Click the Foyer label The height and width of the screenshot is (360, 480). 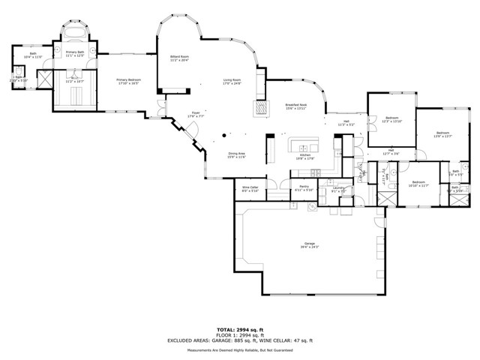pyautogui.click(x=196, y=115)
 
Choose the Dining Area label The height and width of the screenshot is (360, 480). pyautogui.click(x=236, y=155)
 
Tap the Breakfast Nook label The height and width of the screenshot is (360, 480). pyautogui.click(x=295, y=107)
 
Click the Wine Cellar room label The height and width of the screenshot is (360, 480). pyautogui.click(x=250, y=189)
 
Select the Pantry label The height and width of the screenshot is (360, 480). pyautogui.click(x=304, y=187)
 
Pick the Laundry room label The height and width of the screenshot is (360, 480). pyautogui.click(x=338, y=190)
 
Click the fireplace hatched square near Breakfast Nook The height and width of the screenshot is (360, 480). pyautogui.click(x=259, y=108)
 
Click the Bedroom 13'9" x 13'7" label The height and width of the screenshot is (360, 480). pyautogui.click(x=442, y=135)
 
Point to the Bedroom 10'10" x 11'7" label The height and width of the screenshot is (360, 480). pyautogui.click(x=417, y=184)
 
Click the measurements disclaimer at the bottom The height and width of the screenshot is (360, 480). pyautogui.click(x=240, y=350)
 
